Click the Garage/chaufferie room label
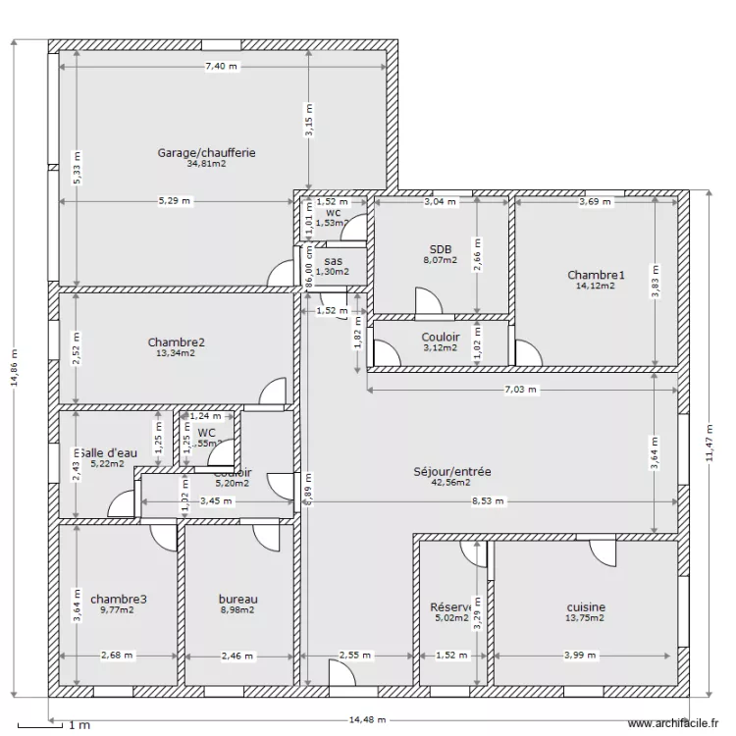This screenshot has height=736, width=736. [207, 153]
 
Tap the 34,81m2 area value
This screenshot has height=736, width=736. [207, 164]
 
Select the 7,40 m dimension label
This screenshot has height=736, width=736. [222, 67]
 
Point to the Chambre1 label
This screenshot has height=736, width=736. [596, 276]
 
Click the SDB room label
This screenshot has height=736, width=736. [438, 249]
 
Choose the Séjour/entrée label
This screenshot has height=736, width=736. [452, 472]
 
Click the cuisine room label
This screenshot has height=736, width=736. [585, 607]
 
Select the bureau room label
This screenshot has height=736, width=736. [238, 599]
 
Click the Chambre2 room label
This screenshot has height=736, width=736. [176, 342]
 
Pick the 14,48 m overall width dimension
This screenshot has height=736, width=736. [367, 720]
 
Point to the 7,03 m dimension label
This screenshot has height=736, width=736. [521, 390]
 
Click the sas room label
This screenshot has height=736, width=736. [334, 261]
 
